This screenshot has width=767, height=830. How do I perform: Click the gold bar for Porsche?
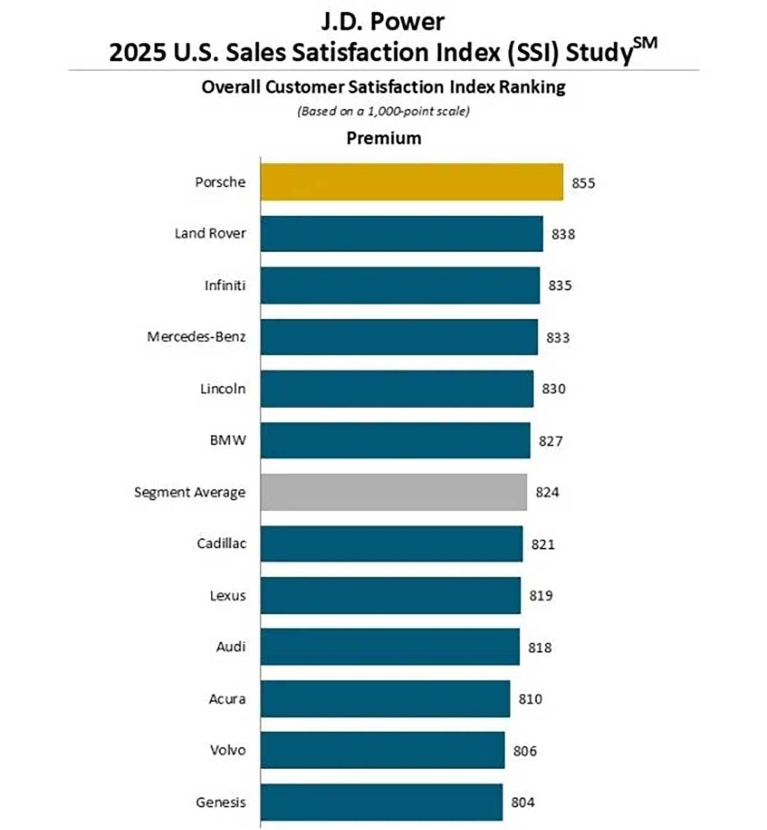coord(412,182)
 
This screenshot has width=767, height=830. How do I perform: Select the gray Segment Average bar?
coord(393,492)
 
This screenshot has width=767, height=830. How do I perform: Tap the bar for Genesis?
coord(382,802)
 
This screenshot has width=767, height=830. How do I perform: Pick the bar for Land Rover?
coord(401,233)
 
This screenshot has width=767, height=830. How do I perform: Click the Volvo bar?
coord(382,750)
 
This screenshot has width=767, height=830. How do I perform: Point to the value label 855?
coord(583,183)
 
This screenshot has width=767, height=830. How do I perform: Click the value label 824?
coord(547,492)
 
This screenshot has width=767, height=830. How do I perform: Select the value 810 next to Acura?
coord(530,699)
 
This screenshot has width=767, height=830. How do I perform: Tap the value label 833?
coord(557,338)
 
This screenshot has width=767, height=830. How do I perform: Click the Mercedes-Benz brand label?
coord(196,337)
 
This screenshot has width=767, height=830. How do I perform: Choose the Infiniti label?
coord(225,285)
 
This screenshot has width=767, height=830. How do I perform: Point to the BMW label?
coord(228,440)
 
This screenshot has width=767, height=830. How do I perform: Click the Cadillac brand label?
coord(221,543)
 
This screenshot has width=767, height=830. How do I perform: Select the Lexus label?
coord(227,596)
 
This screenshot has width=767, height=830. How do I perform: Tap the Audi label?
coord(231,647)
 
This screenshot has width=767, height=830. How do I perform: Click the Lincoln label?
coord(223,389)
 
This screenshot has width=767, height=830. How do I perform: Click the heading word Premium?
coord(383,138)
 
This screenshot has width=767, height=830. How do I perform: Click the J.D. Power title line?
coord(383,22)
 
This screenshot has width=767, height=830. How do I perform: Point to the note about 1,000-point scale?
coord(383,111)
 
